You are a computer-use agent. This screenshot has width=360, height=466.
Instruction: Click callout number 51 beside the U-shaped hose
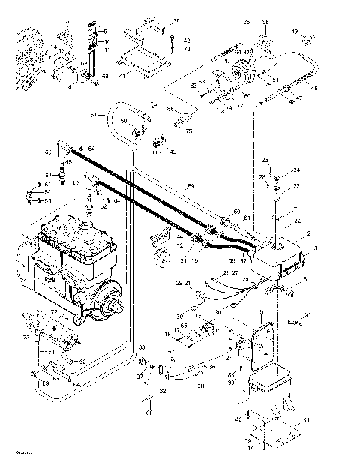pos(93,115)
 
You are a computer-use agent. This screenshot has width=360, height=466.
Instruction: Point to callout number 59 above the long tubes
pos(190,185)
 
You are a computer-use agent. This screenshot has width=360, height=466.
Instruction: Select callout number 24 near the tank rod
pos(296,170)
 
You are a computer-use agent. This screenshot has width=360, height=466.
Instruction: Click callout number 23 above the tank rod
pos(265,161)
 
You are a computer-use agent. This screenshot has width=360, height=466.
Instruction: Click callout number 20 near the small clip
pos(307,314)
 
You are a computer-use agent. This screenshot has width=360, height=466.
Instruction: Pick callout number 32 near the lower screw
pos(163,391)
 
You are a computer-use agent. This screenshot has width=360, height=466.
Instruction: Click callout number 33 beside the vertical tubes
pos(140,348)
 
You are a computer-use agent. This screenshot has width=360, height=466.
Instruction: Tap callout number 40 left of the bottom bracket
pos(239,419)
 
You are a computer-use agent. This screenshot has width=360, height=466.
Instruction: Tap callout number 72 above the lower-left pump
pos(53,311)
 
